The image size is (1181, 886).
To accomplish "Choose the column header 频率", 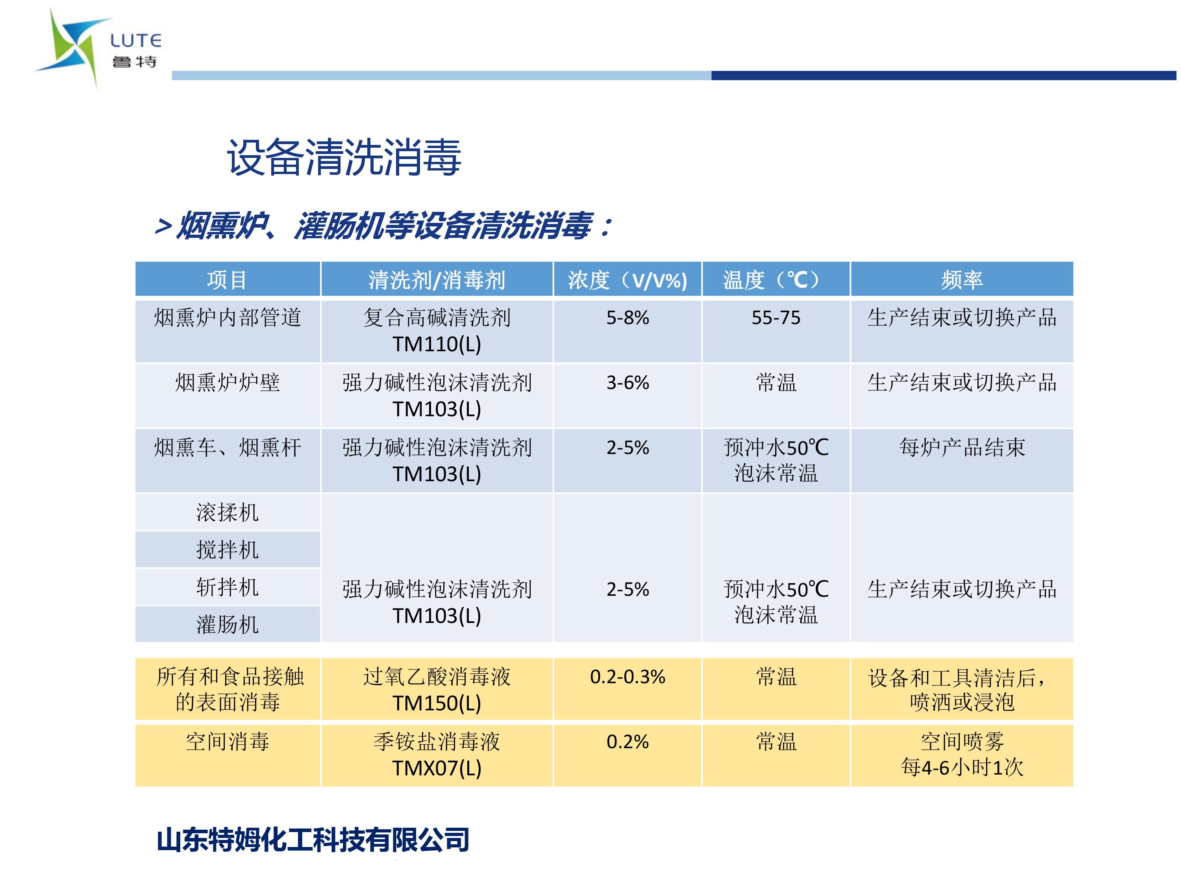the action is pyautogui.click(x=962, y=279).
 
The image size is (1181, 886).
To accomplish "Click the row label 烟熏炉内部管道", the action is pyautogui.click(x=228, y=317).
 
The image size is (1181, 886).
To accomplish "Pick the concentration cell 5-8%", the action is pyautogui.click(x=628, y=318).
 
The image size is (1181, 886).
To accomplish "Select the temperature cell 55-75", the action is pyautogui.click(x=776, y=318).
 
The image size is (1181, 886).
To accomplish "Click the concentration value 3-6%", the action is pyautogui.click(x=628, y=382).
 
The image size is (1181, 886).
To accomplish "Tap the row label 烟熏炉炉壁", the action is pyautogui.click(x=228, y=382).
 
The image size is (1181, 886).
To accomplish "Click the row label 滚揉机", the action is pyautogui.click(x=228, y=512).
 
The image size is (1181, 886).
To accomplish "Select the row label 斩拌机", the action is pyautogui.click(x=228, y=587).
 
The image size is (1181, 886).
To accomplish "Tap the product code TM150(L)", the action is pyautogui.click(x=437, y=703).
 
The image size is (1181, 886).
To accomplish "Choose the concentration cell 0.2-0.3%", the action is pyautogui.click(x=628, y=677).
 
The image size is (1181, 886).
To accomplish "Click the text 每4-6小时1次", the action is pyautogui.click(x=962, y=767).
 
